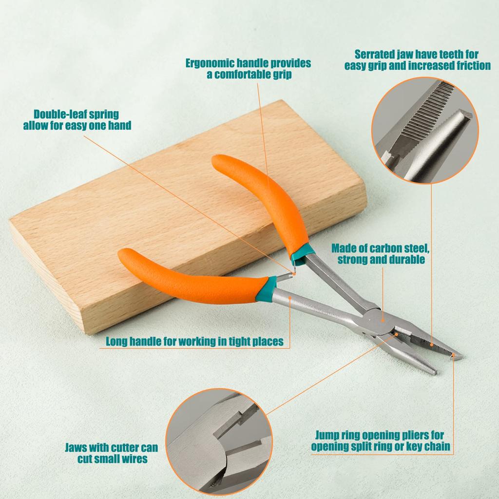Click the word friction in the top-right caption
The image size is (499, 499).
coord(474,66)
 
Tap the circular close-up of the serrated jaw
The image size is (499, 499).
coord(425,130)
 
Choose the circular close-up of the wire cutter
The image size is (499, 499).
coord(219,441)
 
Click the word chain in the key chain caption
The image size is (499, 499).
coord(437,446)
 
